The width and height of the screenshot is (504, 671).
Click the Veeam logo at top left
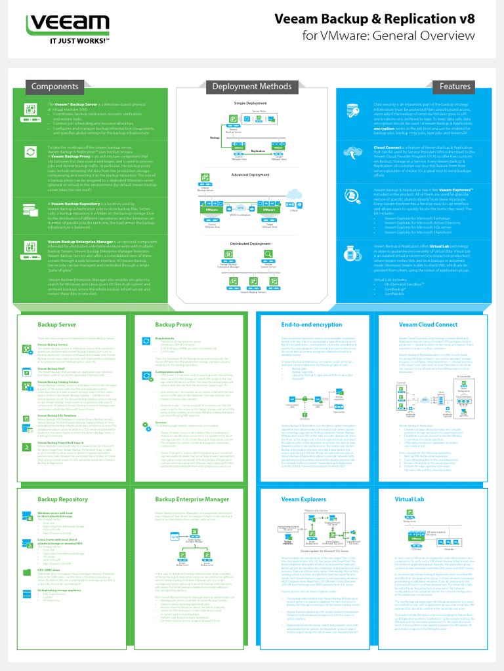click(x=62, y=24)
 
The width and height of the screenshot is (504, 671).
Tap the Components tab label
click(x=55, y=86)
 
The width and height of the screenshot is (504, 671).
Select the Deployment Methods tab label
click(x=252, y=86)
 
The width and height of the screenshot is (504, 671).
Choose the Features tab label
click(x=455, y=86)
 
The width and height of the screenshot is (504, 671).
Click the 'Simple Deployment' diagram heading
click(x=252, y=103)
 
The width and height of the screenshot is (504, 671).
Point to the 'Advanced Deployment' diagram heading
click(x=250, y=175)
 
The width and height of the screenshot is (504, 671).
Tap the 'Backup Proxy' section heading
click(x=173, y=324)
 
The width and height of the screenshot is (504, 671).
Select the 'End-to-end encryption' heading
click(x=303, y=324)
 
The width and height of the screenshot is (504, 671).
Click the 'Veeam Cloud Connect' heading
click(x=428, y=324)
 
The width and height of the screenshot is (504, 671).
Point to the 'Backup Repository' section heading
click(x=62, y=481)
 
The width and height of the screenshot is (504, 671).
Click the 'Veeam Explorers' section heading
click(x=304, y=481)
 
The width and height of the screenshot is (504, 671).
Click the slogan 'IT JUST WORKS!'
click(x=63, y=41)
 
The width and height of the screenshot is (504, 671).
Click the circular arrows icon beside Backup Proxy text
click(x=31, y=152)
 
